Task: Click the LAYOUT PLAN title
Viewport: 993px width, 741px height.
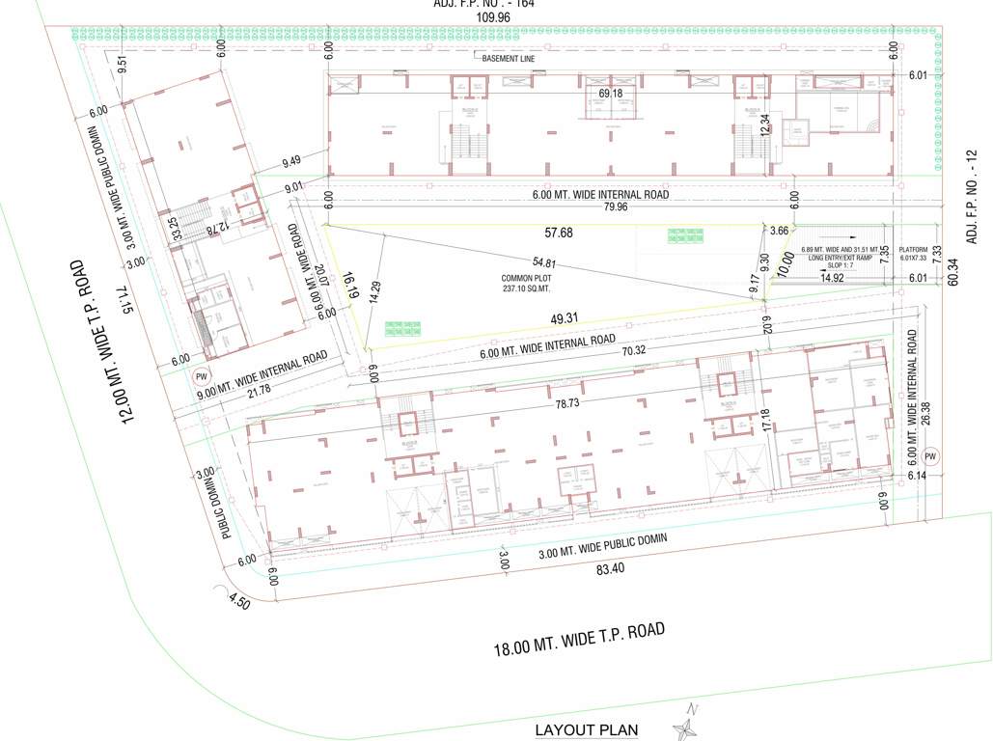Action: [x=586, y=730]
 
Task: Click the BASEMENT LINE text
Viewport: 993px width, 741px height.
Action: [x=509, y=59]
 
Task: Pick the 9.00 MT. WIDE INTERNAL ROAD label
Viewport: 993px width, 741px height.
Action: [x=261, y=372]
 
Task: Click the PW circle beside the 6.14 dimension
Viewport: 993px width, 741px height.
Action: [x=930, y=456]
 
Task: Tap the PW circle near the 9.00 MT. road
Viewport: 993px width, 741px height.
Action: [x=202, y=376]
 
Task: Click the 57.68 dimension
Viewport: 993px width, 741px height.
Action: [x=558, y=233]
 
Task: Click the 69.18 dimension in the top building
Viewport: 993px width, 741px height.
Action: [x=610, y=94]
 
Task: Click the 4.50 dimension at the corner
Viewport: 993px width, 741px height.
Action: [x=238, y=603]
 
